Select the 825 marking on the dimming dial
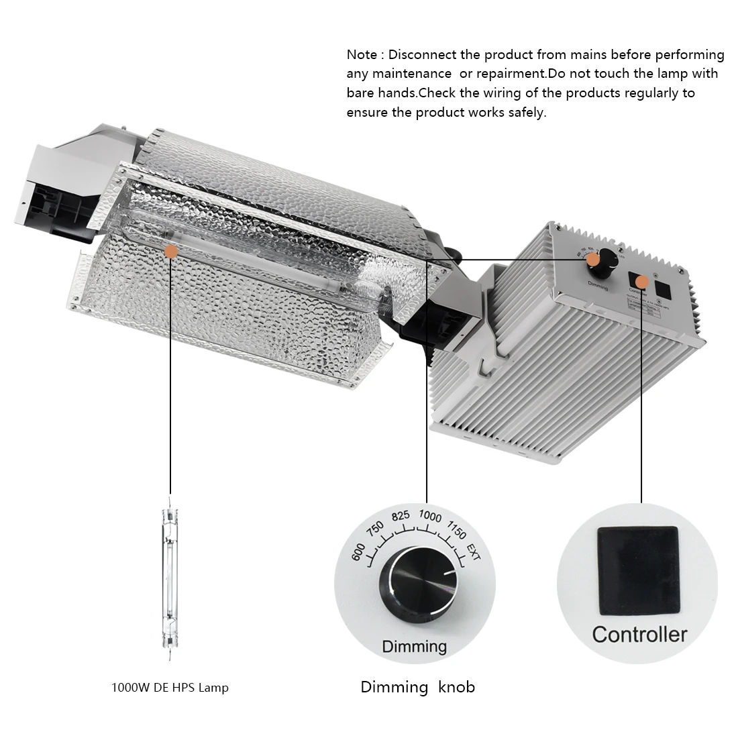click(x=401, y=517)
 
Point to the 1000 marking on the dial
click(x=430, y=517)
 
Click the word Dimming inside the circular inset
click(x=414, y=647)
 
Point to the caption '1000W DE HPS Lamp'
click(x=170, y=688)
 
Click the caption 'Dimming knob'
click(x=417, y=687)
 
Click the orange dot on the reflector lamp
click(x=171, y=252)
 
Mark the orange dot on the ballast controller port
click(x=642, y=282)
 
